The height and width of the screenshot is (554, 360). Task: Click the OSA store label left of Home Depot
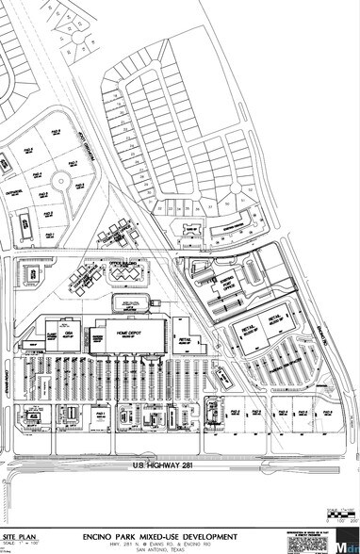coord(68,333)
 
